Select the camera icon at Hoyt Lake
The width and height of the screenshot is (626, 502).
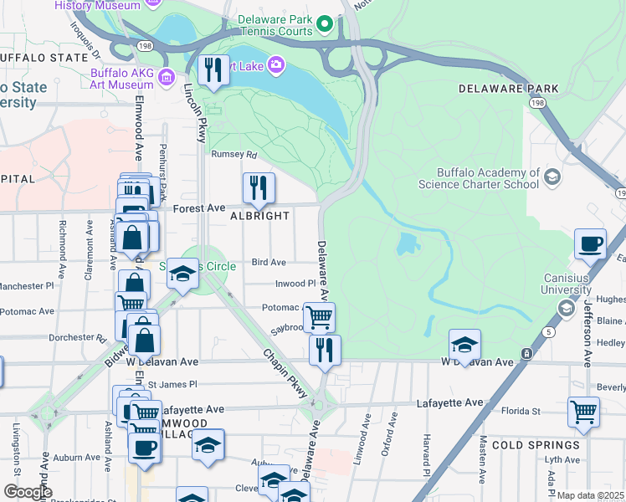pyautogui.click(x=275, y=64)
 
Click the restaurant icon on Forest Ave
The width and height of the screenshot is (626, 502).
pyautogui.click(x=259, y=188)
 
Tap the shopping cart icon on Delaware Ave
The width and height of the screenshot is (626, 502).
pyautogui.click(x=319, y=317)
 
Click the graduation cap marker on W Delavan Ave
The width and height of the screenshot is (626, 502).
pyautogui.click(x=464, y=344)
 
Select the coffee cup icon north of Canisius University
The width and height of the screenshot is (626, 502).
pyautogui.click(x=590, y=243)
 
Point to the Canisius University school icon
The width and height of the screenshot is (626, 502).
pyautogui.click(x=566, y=310)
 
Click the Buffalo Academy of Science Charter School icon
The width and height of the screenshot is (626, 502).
pyautogui.click(x=552, y=177)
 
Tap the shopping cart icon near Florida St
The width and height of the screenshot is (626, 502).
pyautogui.click(x=583, y=411)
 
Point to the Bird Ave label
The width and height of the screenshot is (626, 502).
pyautogui.click(x=269, y=262)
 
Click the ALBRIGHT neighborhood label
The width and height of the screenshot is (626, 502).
pyautogui.click(x=259, y=216)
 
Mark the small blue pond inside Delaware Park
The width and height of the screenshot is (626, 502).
pyautogui.click(x=406, y=243)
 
